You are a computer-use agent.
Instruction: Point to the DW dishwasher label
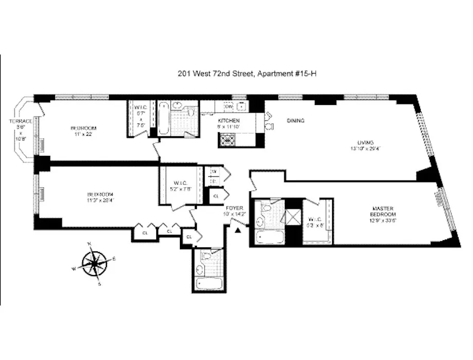(229, 106)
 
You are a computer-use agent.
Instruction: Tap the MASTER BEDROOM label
(383, 211)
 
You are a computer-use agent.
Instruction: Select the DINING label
(296, 121)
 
